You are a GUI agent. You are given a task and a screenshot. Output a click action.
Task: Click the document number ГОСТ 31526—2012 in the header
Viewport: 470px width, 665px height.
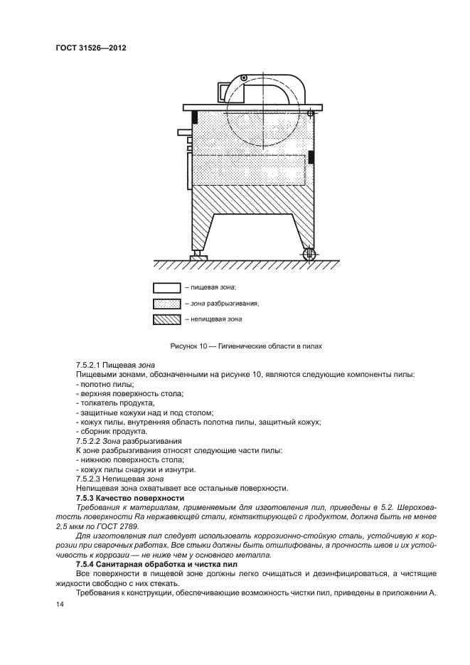pos(95,48)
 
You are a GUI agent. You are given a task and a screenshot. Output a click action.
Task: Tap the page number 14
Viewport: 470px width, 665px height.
pos(59,603)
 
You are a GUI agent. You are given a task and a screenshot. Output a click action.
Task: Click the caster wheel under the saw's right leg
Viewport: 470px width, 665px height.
pos(308,253)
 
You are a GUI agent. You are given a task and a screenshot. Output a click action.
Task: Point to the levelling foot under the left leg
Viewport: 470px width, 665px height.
pos(195,255)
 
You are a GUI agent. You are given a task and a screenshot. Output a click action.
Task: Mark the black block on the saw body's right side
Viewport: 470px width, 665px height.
pos(311,157)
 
